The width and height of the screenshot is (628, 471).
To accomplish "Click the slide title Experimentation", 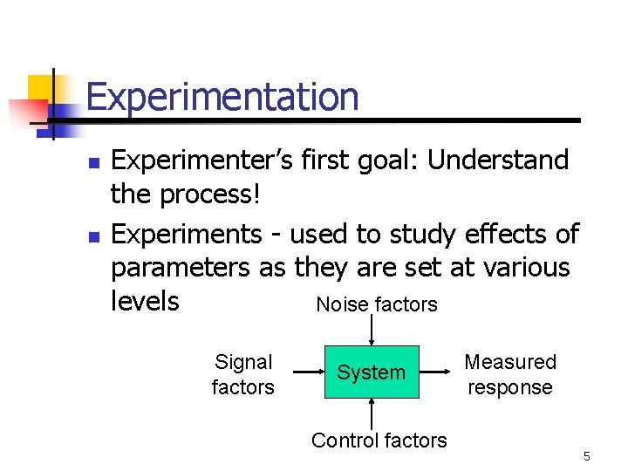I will click(222, 96).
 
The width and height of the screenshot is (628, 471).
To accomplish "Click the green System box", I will click(372, 372).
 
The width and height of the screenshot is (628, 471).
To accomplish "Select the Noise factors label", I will click(376, 304).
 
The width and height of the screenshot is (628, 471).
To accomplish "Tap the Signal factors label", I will click(242, 374).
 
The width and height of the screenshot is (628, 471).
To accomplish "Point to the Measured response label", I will click(509, 374).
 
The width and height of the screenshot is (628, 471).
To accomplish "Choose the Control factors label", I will click(379, 440).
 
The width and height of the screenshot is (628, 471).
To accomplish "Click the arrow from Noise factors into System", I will click(372, 331).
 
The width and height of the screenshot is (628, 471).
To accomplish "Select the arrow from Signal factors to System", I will click(307, 372).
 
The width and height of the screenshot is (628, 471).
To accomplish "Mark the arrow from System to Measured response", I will click(437, 372).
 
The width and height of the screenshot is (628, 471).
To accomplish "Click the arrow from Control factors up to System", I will click(372, 413).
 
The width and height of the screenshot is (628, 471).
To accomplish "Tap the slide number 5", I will click(587, 456).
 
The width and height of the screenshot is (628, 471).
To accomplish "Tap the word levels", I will click(145, 301).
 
